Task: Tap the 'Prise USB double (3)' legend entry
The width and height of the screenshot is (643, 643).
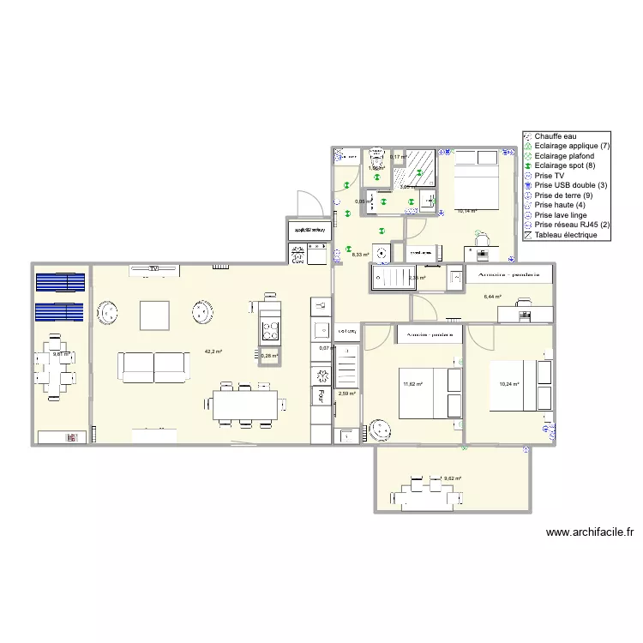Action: [570, 185]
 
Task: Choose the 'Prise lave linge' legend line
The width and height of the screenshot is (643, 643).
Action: [560, 215]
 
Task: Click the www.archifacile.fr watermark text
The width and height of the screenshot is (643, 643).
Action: [589, 532]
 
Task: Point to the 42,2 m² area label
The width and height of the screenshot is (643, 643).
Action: [213, 352]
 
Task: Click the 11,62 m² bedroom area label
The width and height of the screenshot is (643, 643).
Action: [413, 384]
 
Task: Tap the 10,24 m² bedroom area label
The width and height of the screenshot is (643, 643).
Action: [509, 384]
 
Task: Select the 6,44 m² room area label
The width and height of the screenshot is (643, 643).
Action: [492, 297]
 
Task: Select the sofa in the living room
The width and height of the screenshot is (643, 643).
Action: [154, 366]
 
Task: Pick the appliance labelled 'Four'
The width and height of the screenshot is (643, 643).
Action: [320, 395]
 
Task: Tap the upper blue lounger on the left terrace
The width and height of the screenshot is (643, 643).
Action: [60, 281]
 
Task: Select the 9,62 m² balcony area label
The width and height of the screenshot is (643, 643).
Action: [452, 479]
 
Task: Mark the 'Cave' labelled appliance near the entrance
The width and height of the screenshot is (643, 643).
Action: [298, 255]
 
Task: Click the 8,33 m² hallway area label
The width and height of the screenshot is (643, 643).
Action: [360, 254]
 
